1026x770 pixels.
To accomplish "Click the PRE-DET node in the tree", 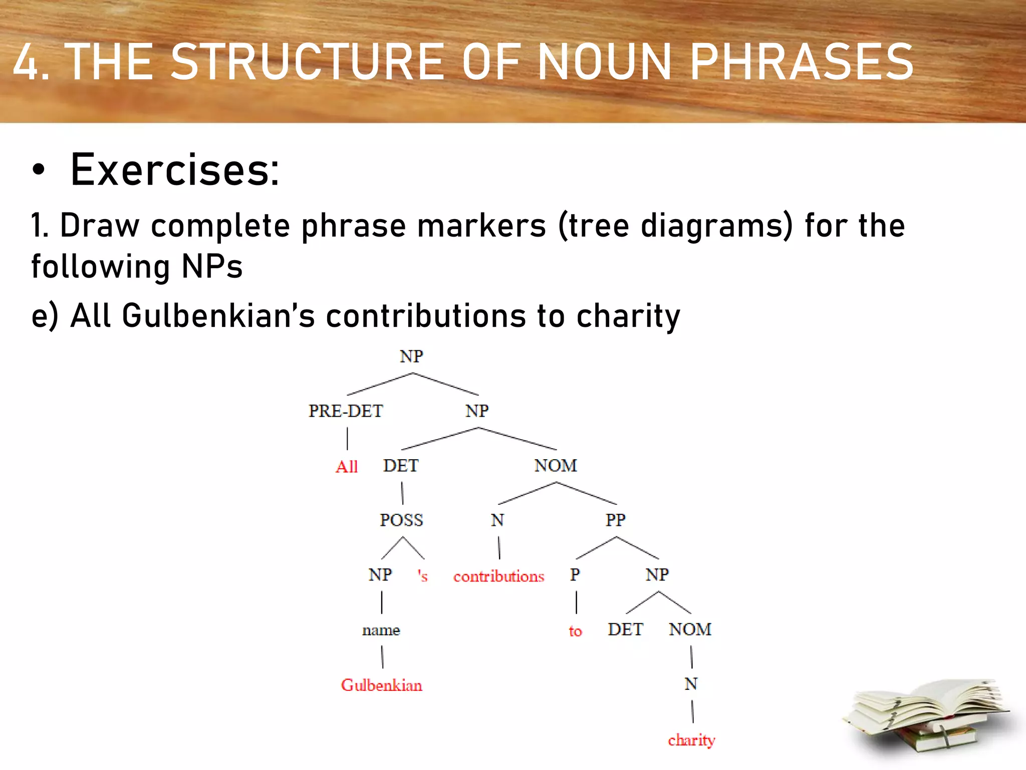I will [346, 411].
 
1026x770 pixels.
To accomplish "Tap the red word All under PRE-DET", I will [346, 467].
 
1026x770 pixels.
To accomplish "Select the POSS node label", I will [401, 520].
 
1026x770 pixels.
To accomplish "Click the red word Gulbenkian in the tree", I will [381, 685].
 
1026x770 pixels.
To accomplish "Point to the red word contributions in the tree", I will [498, 576].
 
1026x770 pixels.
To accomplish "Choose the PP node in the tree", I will [615, 520].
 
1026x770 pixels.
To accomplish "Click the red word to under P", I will [575, 631].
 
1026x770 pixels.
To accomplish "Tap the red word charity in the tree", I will [691, 740].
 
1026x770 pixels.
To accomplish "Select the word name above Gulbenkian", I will [381, 630].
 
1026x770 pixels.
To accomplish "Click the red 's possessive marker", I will [423, 576].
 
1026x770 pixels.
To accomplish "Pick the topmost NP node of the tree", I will [411, 356].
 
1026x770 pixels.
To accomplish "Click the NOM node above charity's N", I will [690, 630].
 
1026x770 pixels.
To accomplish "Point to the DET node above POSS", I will [401, 466].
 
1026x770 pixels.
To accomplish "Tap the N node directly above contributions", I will [497, 520].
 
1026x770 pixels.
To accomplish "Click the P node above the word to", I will [575, 575].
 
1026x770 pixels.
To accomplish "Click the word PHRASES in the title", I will [802, 62].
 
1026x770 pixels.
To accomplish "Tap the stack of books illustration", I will [927, 717].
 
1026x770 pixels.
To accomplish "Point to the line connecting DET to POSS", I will [402, 493].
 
